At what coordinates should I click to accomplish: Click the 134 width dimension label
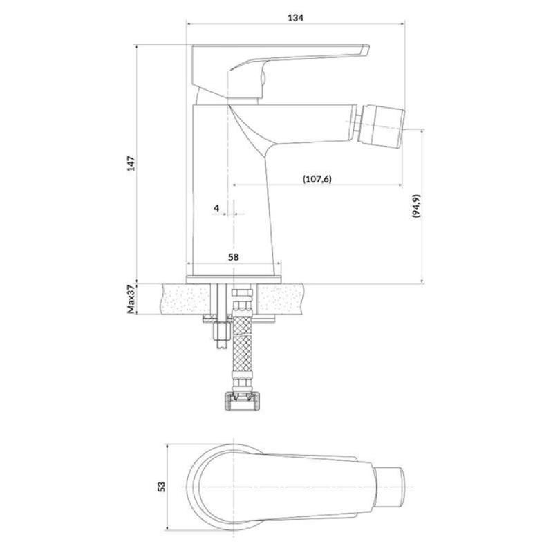295,17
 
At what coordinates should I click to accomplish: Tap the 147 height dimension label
131,163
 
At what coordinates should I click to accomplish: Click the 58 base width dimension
233,257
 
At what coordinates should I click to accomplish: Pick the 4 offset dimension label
216,208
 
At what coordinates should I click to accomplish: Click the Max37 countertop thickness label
131,299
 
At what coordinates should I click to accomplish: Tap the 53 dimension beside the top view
161,487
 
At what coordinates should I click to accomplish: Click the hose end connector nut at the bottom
243,402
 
